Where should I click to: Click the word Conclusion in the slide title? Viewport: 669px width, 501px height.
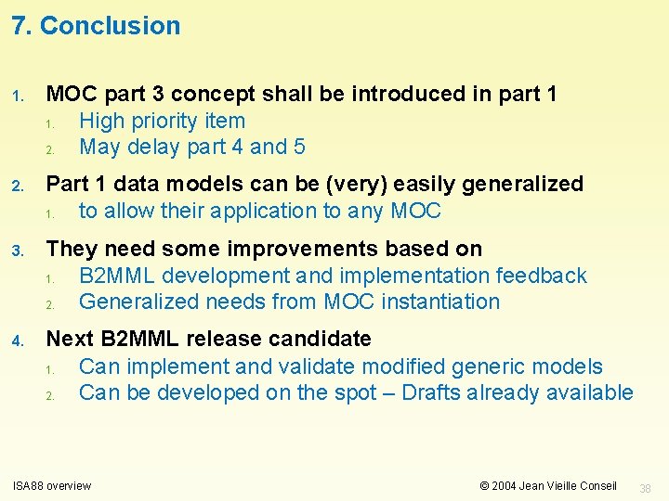110,26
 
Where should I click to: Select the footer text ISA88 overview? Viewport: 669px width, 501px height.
51,485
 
